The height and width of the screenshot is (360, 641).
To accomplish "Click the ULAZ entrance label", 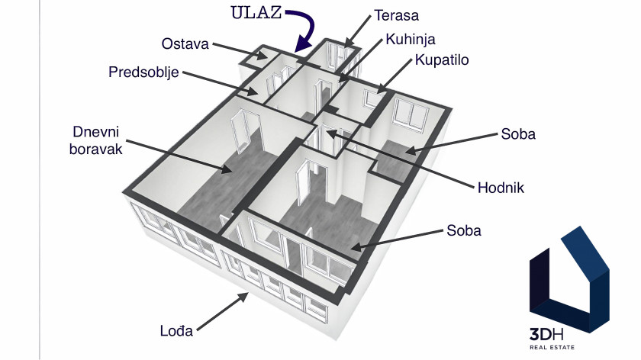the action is click(x=256, y=13).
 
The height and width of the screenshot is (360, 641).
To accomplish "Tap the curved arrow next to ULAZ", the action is click(x=308, y=29).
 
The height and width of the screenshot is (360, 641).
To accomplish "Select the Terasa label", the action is click(x=397, y=15).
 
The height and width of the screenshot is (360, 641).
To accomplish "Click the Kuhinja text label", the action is click(x=411, y=39).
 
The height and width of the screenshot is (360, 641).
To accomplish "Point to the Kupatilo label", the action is click(x=442, y=59).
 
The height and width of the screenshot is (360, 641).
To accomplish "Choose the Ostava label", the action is click(x=185, y=43).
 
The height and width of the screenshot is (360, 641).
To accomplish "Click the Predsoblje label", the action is click(x=143, y=72).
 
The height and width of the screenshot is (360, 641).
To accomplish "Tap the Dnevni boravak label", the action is click(x=95, y=140).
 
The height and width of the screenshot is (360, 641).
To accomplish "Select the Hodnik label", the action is click(x=501, y=188).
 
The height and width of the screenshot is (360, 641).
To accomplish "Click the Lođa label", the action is click(x=176, y=330).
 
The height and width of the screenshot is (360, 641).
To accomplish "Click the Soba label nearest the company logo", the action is click(x=464, y=230).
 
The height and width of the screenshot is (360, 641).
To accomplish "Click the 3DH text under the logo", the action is click(x=546, y=335).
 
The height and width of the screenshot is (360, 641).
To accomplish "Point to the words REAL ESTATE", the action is click(x=552, y=347).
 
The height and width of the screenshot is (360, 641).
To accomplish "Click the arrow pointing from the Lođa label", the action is click(x=223, y=311).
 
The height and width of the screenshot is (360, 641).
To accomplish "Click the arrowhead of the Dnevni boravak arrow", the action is click(x=226, y=169).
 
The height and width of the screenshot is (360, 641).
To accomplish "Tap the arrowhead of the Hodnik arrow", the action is click(x=330, y=133).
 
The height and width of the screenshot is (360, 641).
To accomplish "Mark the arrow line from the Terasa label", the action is click(x=358, y=32).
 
